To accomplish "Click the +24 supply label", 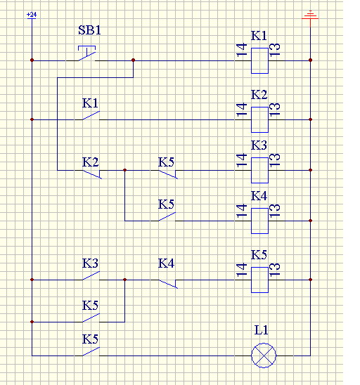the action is [x=32, y=15].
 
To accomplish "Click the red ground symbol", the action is [x=310, y=15].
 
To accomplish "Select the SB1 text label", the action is [x=89, y=30].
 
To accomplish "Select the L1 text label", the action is [x=262, y=330].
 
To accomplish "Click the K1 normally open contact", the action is [x=91, y=116].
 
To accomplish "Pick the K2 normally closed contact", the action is [x=92, y=174].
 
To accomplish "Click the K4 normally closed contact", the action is [x=168, y=284].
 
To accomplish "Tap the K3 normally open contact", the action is [x=91, y=275].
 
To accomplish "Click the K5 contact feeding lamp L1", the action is [x=91, y=351].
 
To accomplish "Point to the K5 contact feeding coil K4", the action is [x=167, y=216].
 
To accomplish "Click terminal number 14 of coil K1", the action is [x=242, y=50].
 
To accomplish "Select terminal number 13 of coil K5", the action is [x=274, y=270].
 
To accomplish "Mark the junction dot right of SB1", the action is [x=133, y=60].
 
